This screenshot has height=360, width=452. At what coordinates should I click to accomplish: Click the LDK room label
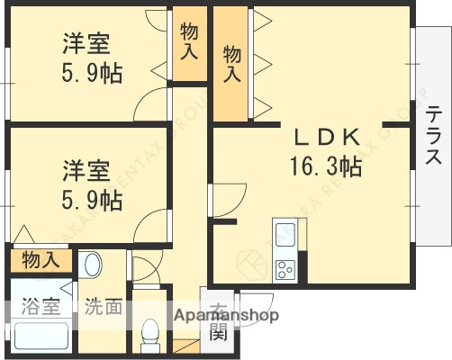(326, 138)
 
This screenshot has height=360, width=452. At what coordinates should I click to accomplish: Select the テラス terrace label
(434, 136)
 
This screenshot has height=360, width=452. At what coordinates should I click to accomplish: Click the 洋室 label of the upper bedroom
(86, 43)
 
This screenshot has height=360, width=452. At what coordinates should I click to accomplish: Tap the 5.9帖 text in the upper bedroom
(92, 72)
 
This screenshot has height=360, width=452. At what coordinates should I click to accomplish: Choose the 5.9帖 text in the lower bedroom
(92, 200)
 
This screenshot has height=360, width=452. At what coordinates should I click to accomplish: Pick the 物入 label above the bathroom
(41, 261)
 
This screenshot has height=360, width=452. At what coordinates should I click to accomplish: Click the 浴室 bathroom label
(41, 307)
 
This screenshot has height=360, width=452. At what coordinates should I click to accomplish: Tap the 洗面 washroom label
(103, 307)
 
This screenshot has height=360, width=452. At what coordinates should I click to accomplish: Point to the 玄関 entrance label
(219, 321)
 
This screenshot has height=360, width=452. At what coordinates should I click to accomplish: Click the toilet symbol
(150, 335)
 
